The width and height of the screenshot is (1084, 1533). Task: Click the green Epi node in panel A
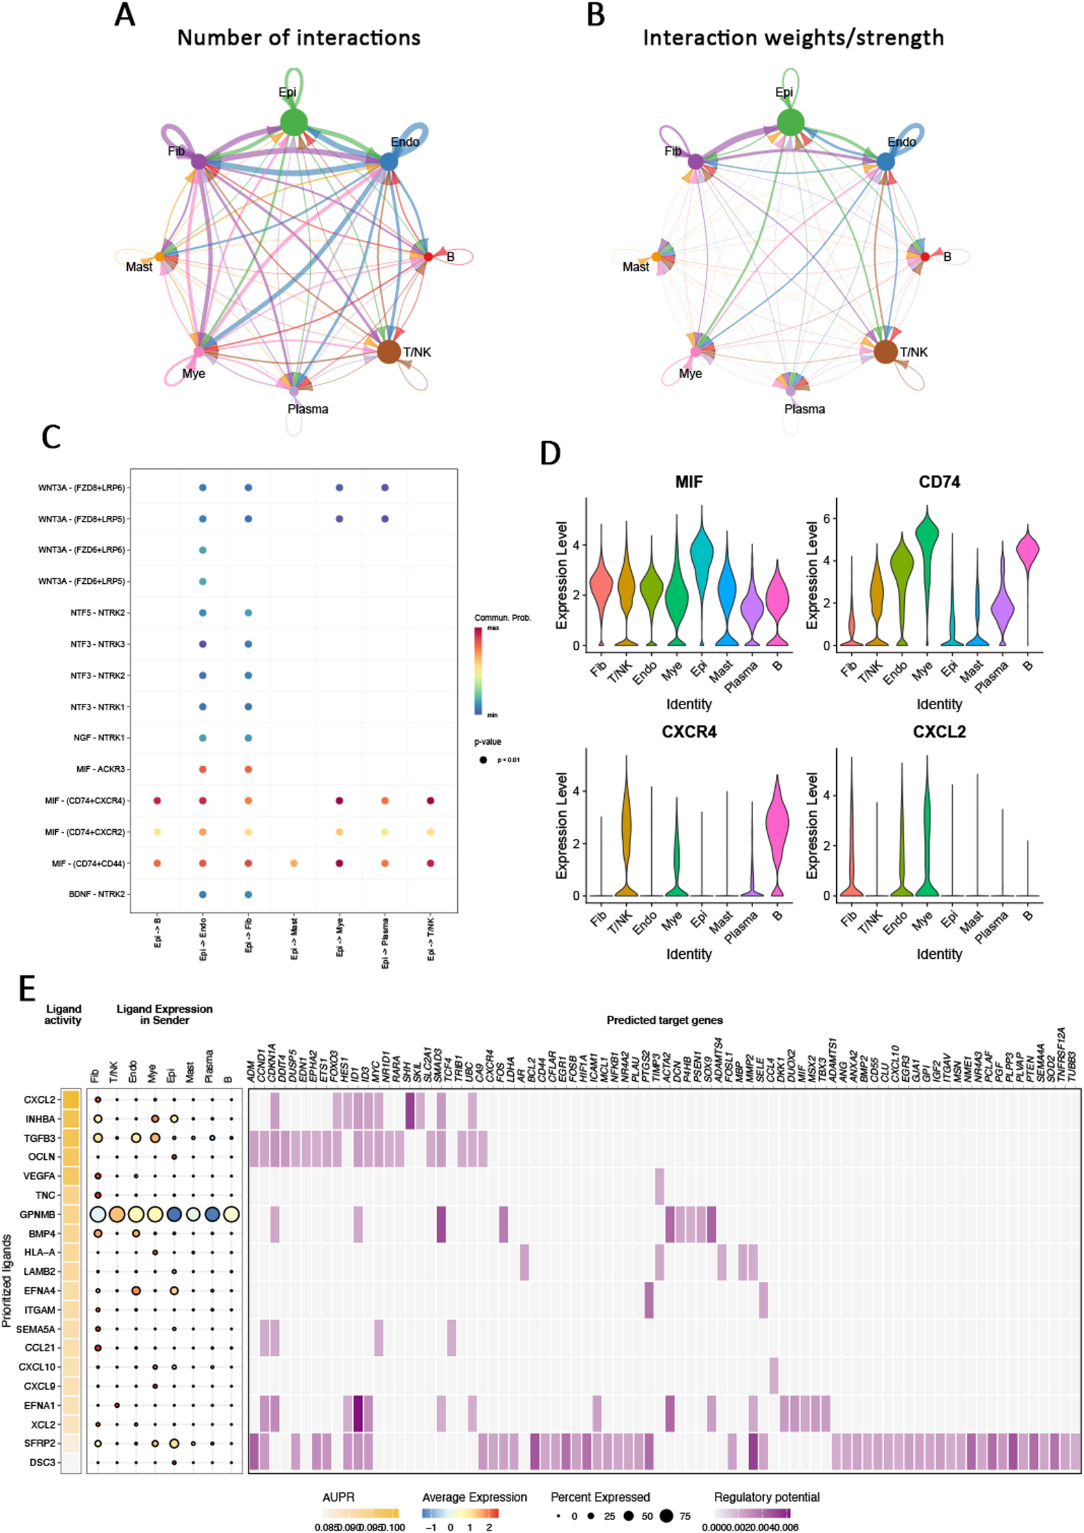(x=294, y=122)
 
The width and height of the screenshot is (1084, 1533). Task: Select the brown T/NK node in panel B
(x=885, y=351)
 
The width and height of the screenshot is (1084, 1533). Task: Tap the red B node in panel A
(x=428, y=256)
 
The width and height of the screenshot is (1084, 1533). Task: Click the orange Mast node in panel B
(x=656, y=256)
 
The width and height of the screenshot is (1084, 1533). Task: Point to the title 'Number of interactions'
(x=298, y=38)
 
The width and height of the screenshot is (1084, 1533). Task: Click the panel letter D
(x=550, y=453)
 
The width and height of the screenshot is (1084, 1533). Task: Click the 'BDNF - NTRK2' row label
(x=97, y=894)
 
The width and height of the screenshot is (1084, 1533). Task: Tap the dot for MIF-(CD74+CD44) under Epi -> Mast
(x=294, y=863)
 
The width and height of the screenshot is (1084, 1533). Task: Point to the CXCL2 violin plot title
(x=939, y=732)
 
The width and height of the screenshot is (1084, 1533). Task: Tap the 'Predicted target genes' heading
(x=664, y=1020)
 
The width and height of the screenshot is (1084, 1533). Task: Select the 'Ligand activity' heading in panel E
(x=63, y=1014)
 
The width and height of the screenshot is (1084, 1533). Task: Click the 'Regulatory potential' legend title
(x=766, y=1497)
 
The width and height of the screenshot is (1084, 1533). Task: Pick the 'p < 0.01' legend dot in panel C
(x=483, y=760)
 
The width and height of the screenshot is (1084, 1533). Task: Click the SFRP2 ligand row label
(x=40, y=1443)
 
